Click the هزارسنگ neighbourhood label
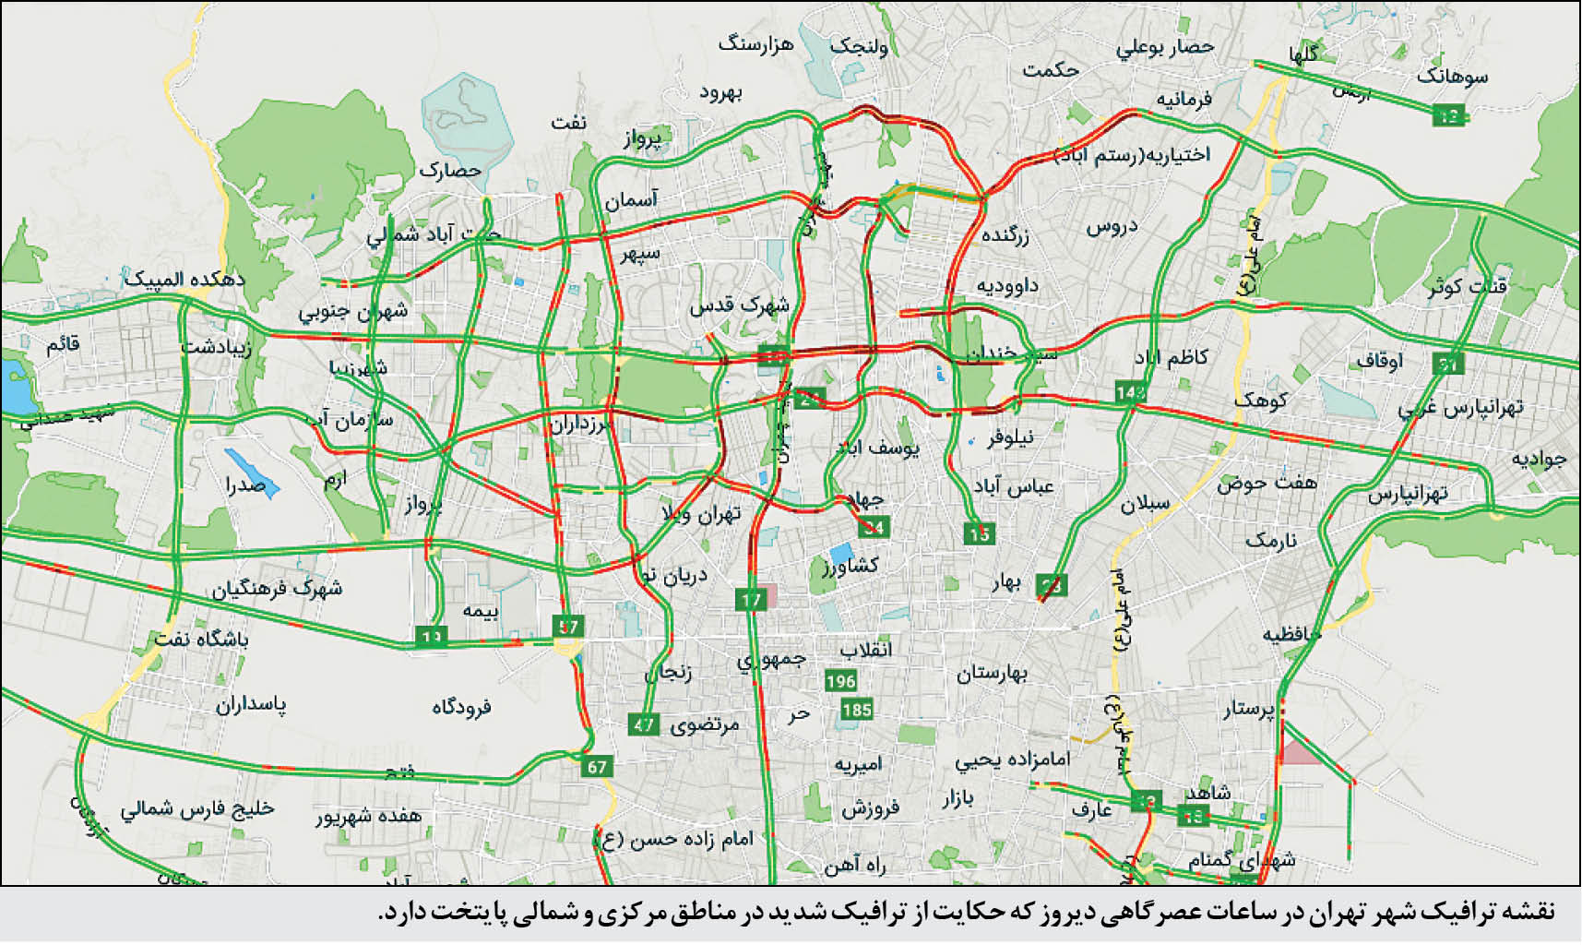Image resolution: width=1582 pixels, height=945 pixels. click(755, 44)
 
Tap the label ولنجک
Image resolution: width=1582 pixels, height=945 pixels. click(859, 45)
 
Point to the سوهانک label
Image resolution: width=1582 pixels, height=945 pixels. click(1452, 75)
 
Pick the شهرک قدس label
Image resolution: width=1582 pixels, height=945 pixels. click(739, 304)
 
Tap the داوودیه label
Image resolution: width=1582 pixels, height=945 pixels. click(1007, 285)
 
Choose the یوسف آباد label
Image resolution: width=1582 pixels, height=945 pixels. click(878, 448)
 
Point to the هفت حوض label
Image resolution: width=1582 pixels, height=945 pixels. click(1267, 482)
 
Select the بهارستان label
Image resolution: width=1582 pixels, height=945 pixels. click(992, 673)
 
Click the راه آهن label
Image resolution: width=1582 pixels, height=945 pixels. click(854, 864)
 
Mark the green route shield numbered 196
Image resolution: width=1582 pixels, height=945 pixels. click(840, 681)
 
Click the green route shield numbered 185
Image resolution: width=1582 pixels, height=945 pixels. click(856, 710)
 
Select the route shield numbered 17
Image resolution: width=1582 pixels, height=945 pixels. click(751, 600)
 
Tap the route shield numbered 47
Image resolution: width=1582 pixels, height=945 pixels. click(644, 724)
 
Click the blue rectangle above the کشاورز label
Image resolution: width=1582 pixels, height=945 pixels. click(840, 554)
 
